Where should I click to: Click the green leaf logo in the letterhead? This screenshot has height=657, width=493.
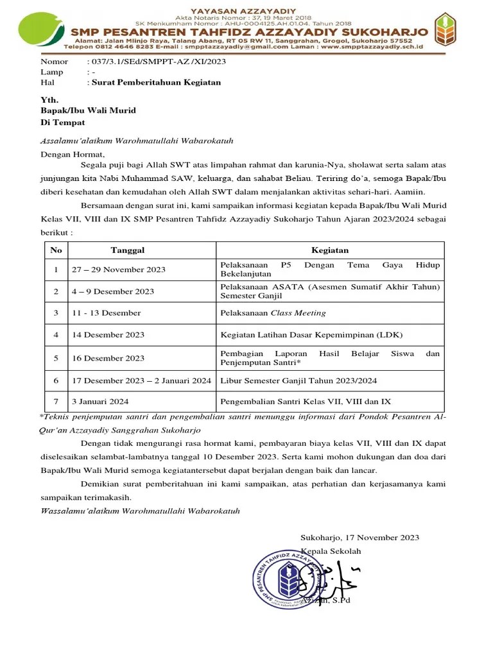pos(40,31)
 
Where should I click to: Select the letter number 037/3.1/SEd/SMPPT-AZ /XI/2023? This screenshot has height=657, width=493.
pos(156,62)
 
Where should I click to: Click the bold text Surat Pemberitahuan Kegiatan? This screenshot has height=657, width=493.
pos(156,82)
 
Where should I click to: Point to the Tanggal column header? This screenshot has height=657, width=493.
pos(128,250)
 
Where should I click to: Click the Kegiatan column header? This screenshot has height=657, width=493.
pos(330,250)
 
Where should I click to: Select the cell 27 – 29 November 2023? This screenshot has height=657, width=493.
pos(118,269)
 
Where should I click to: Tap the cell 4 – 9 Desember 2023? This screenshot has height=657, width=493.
pos(113,291)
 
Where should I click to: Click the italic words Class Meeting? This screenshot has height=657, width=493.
pos(298,313)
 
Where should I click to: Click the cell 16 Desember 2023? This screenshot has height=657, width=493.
pos(108,358)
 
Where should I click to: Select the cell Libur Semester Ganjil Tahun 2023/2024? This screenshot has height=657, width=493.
pos(298,380)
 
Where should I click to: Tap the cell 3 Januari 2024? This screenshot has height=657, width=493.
pos(100,402)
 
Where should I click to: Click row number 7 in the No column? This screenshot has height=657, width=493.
pos(56,402)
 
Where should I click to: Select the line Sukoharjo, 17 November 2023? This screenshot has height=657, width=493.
pos(359,538)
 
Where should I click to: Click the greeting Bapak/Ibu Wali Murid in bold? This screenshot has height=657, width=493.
pos(88,110)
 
